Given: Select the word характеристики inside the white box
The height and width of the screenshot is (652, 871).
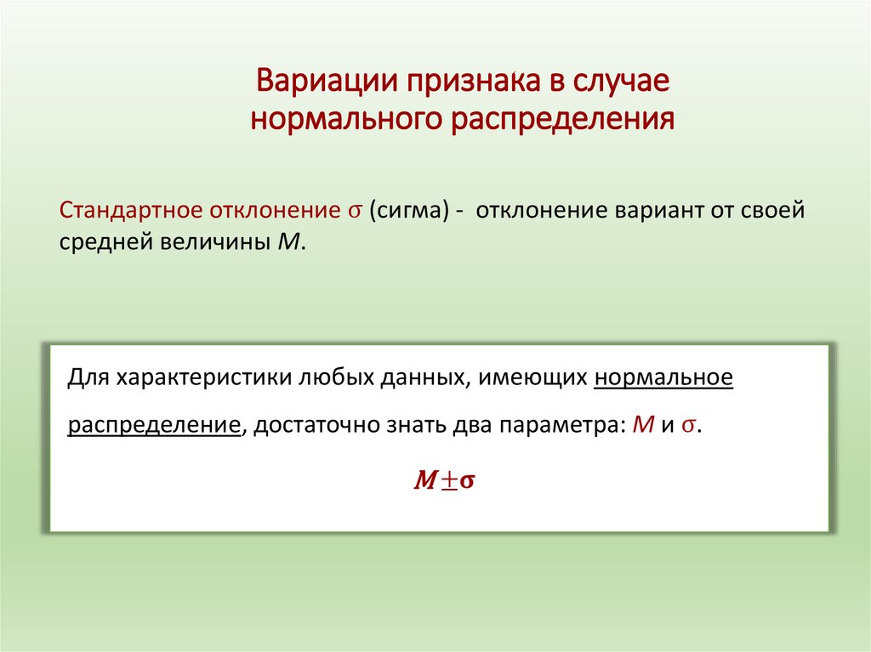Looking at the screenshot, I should [203, 377].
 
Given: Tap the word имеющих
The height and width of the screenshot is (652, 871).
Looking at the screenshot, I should [532, 377].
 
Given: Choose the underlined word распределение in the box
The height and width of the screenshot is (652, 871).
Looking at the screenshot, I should [153, 425].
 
